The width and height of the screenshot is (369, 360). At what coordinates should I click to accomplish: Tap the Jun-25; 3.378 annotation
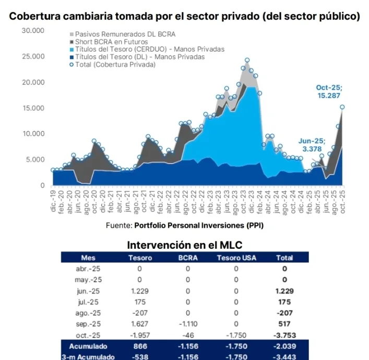click(312, 144)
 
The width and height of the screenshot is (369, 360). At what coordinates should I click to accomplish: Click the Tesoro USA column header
click(236, 258)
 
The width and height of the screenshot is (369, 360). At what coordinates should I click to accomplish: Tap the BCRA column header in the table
click(188, 258)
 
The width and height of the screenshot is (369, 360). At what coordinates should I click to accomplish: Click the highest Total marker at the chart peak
click(247, 61)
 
